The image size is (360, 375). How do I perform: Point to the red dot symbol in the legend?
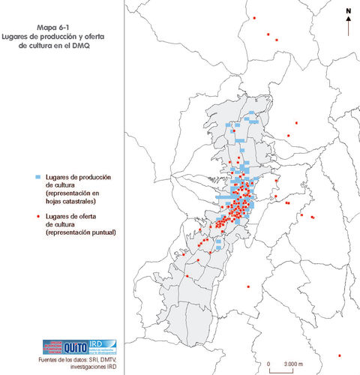coord(37,215)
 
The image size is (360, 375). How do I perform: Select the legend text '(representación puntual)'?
coord(86,232)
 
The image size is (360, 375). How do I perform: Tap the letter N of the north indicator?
coord(349,10)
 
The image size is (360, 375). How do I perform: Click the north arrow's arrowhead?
coord(349,20)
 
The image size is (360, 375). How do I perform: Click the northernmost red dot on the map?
coord(255,17)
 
